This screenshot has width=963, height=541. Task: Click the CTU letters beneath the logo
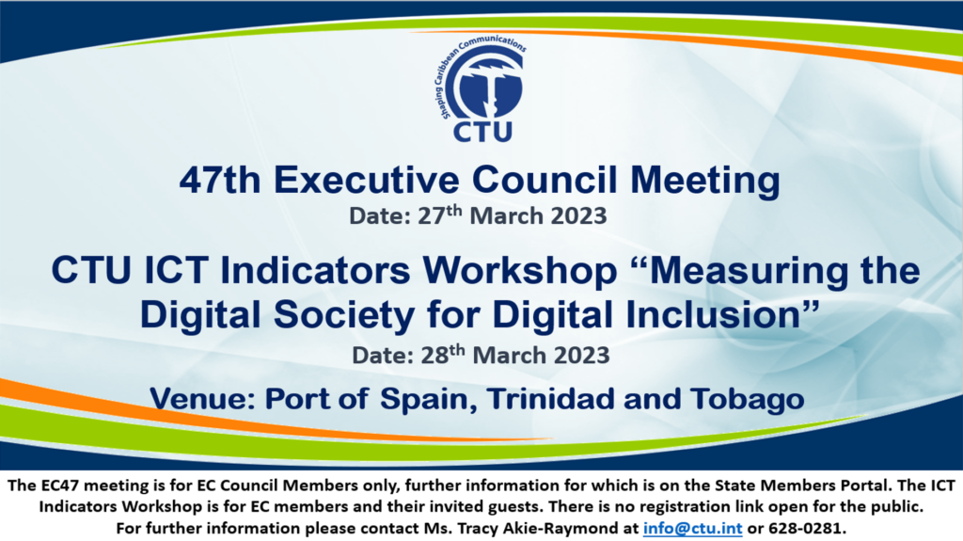coord(482,132)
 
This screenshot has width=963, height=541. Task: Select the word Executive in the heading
coord(367,180)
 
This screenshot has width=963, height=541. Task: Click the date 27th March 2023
coord(513,215)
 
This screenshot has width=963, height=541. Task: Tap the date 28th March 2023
coord(514,355)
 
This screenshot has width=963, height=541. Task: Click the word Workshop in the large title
coord(520,272)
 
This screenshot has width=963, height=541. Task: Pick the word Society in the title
coord(344,315)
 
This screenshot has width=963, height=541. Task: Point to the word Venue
coord(203,399)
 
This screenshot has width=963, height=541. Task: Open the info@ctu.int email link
coord(692,528)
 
